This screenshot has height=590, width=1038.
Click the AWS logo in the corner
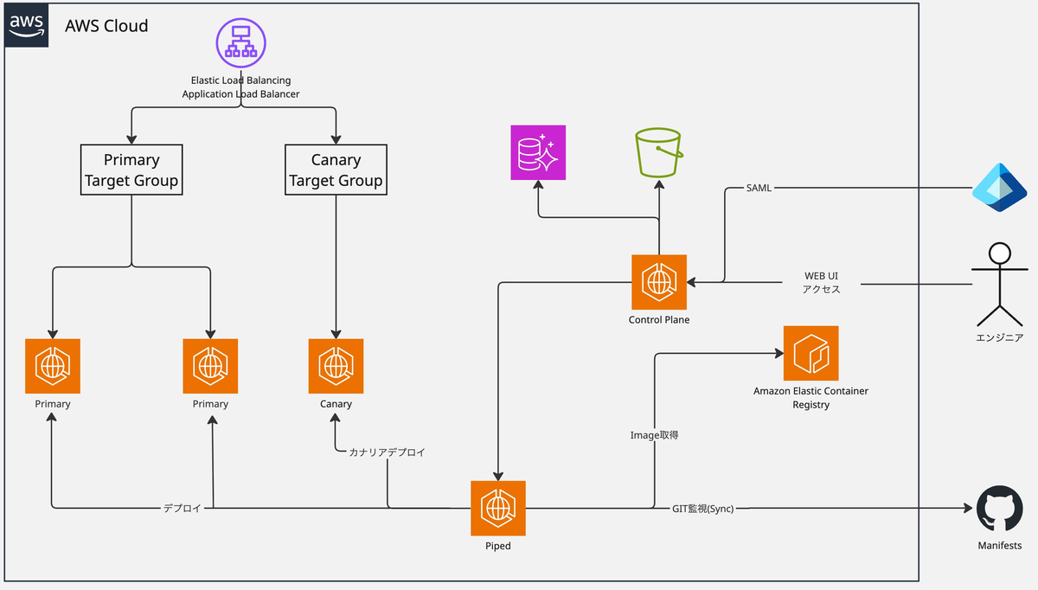pyautogui.click(x=27, y=25)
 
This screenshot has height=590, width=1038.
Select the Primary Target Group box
pyautogui.click(x=131, y=170)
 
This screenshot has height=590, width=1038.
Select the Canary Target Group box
pyautogui.click(x=336, y=170)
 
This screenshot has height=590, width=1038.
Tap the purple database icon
pyautogui.click(x=538, y=152)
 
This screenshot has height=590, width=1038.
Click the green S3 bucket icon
pyautogui.click(x=659, y=152)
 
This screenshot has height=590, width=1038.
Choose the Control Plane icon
pyautogui.click(x=659, y=282)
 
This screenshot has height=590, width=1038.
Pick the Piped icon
pyautogui.click(x=498, y=509)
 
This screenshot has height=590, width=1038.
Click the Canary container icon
pyautogui.click(x=336, y=366)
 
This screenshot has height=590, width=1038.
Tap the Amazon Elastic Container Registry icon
pyautogui.click(x=811, y=353)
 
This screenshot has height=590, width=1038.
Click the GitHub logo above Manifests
pyautogui.click(x=999, y=509)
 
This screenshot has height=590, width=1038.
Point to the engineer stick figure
pyautogui.click(x=999, y=282)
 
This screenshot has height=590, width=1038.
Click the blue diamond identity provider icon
pyautogui.click(x=999, y=188)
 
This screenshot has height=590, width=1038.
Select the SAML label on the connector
pyautogui.click(x=759, y=188)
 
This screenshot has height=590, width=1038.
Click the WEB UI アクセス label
pyautogui.click(x=821, y=283)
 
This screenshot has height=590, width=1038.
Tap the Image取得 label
pyautogui.click(x=655, y=435)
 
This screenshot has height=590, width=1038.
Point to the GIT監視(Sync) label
pyautogui.click(x=703, y=509)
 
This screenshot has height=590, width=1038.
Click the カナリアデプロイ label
pyautogui.click(x=388, y=452)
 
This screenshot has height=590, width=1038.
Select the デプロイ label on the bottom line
pyautogui.click(x=183, y=509)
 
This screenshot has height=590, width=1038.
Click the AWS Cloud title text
pyautogui.click(x=106, y=26)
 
